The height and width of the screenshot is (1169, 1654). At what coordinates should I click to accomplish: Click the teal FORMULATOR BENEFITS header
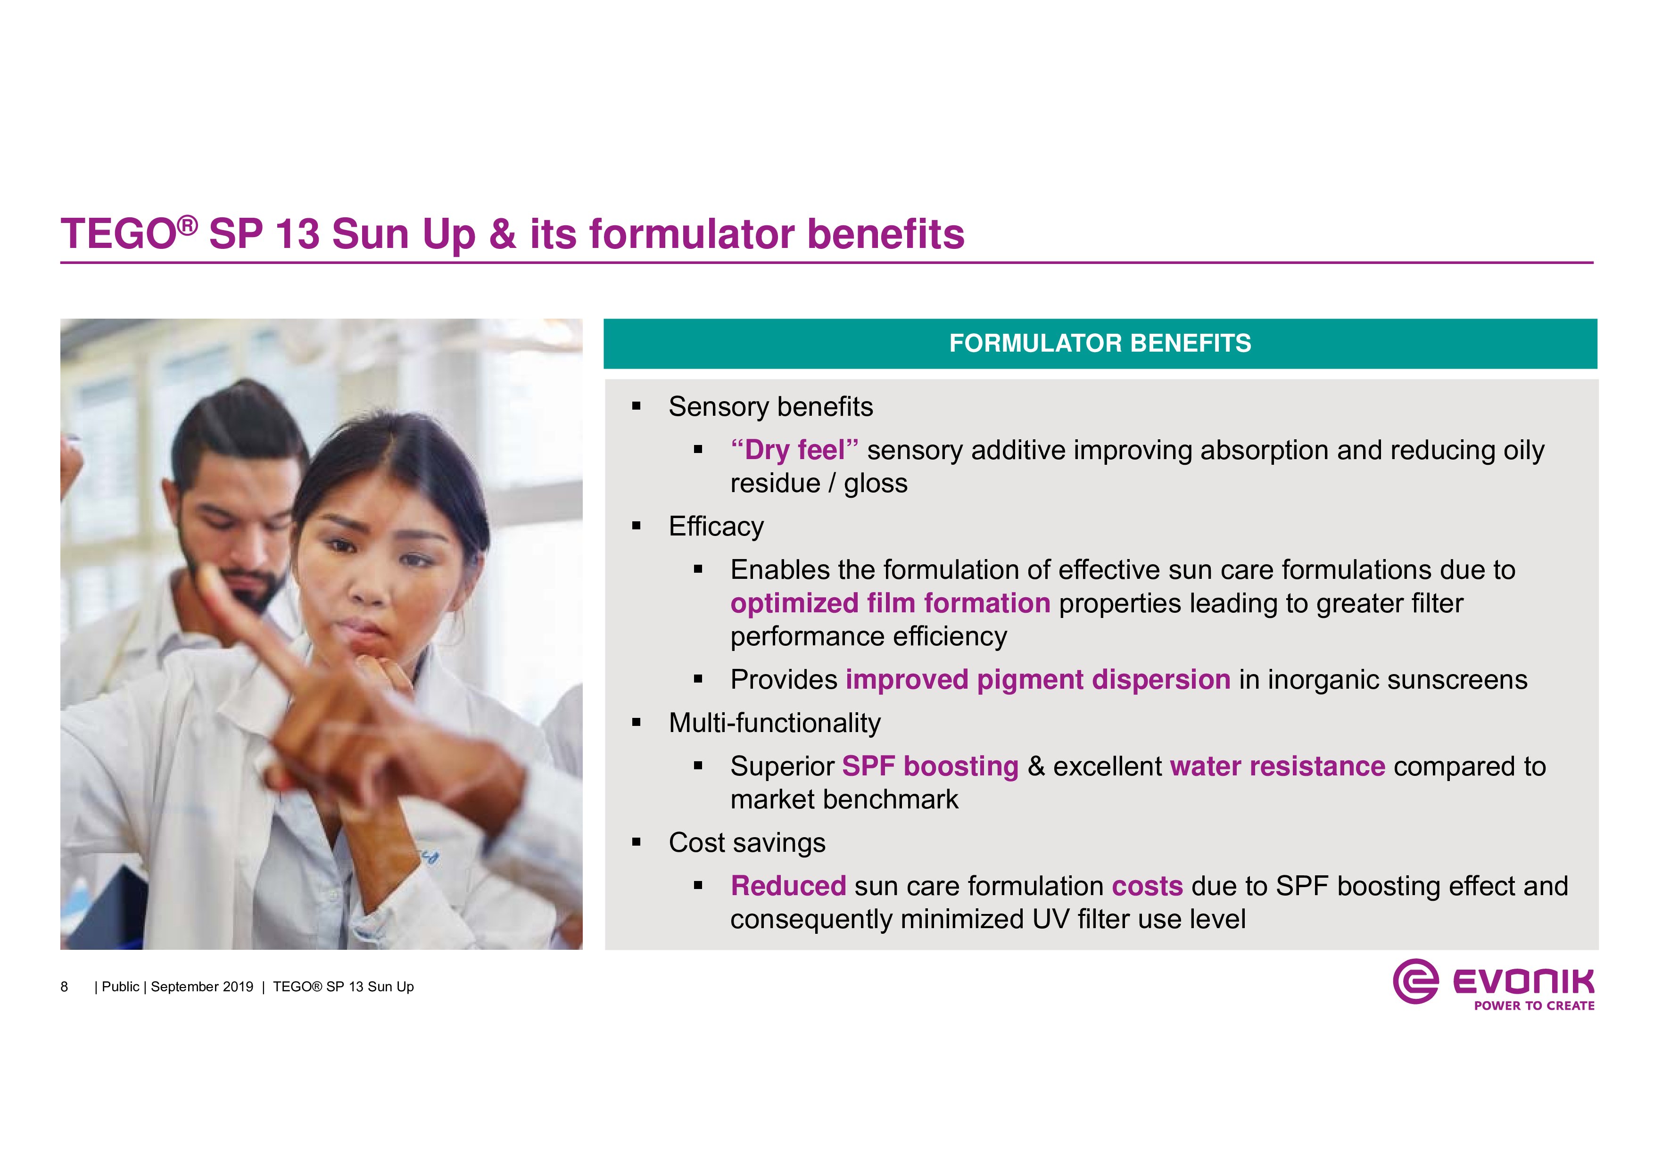[x=1100, y=344]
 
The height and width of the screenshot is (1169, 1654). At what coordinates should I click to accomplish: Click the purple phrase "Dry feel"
[x=794, y=450]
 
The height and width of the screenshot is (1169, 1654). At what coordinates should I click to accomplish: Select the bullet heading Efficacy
[x=716, y=527]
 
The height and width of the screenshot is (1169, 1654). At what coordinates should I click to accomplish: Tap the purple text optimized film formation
[x=890, y=603]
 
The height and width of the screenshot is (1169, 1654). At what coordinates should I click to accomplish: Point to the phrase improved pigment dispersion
[x=1038, y=680]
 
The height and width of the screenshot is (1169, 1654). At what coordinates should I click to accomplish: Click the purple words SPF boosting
[x=930, y=766]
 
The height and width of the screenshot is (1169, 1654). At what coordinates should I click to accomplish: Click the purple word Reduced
[x=788, y=886]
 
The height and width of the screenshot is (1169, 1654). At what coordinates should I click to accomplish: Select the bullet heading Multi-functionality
[x=774, y=723]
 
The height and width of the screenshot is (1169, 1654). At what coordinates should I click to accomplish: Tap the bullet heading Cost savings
[x=747, y=843]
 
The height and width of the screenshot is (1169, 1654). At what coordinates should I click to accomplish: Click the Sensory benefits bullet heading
[x=771, y=407]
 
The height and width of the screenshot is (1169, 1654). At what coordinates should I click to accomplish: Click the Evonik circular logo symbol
[x=1415, y=981]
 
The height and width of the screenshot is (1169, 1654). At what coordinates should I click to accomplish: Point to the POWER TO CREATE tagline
[x=1534, y=1005]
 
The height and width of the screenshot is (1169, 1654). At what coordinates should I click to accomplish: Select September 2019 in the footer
[x=202, y=987]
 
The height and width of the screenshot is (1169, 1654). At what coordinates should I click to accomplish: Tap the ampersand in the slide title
[x=503, y=235]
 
